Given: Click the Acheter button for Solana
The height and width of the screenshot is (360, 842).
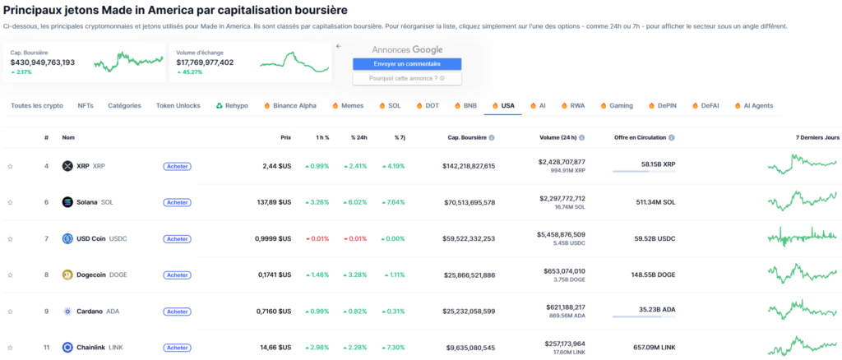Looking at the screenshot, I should coord(177,202).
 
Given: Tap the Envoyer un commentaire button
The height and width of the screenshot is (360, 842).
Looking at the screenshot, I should coord(407,64).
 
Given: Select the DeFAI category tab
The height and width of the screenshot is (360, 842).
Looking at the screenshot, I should coord(710,106).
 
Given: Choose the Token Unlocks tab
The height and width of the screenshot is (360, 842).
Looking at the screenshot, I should coord(178,106).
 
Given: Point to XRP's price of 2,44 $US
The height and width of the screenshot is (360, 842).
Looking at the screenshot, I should coord(275,166).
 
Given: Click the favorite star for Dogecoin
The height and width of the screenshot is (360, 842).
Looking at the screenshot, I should coord(11,275).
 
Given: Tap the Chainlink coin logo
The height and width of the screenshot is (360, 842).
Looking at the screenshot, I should coord(67,347).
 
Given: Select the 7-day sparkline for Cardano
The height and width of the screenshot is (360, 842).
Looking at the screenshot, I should coord(803,311).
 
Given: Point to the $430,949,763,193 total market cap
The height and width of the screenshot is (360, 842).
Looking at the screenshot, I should coord(43,62).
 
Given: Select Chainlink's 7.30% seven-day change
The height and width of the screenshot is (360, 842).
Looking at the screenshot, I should coord(393,347).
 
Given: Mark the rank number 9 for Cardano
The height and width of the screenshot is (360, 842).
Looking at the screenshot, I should coord(47,311).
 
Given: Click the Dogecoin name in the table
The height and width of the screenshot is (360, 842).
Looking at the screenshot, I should coord(91,275).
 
